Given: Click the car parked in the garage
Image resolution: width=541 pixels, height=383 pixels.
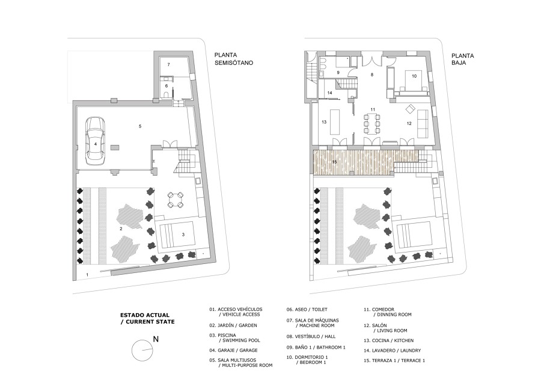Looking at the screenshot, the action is coord(95,141).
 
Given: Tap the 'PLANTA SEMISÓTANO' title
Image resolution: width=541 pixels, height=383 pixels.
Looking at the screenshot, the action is coord(234,59).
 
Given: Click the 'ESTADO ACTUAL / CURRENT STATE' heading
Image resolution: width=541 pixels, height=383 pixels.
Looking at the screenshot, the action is coord(147,319).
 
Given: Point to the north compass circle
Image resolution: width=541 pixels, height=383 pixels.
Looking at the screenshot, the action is coord(142,351).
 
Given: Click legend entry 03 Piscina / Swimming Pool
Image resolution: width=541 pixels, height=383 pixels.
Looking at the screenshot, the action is coord(234,338).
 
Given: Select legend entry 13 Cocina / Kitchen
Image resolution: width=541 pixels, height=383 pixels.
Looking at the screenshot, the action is coord(388,340).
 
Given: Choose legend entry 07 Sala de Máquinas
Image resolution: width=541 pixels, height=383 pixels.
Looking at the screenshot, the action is coord(313,323).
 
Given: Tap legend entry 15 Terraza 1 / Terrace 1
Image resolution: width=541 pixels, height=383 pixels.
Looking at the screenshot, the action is coord(394,361).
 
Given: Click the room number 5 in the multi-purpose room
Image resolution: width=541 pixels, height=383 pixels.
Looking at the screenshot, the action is coord(140,126).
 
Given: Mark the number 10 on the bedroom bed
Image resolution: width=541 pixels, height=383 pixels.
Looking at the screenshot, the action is coord(414,76).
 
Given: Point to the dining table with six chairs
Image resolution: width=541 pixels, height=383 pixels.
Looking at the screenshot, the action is coord(373,123).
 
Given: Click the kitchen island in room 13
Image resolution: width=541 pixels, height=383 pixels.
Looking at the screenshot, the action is coord(335,122).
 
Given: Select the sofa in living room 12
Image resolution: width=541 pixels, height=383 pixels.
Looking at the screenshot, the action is coord(423,123).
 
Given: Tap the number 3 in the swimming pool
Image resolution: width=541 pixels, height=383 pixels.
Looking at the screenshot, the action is coord(183,234).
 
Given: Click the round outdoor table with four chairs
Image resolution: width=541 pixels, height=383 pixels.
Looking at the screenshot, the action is coord(175,200).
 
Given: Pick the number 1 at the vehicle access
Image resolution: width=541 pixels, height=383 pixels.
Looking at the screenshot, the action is coord(87,275).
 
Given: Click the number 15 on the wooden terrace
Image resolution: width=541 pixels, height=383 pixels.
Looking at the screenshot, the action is coord(334,162).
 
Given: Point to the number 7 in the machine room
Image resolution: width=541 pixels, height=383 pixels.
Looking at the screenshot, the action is coord(169,64).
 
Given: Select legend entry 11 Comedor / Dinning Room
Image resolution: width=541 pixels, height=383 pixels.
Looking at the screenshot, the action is coord(388,312).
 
